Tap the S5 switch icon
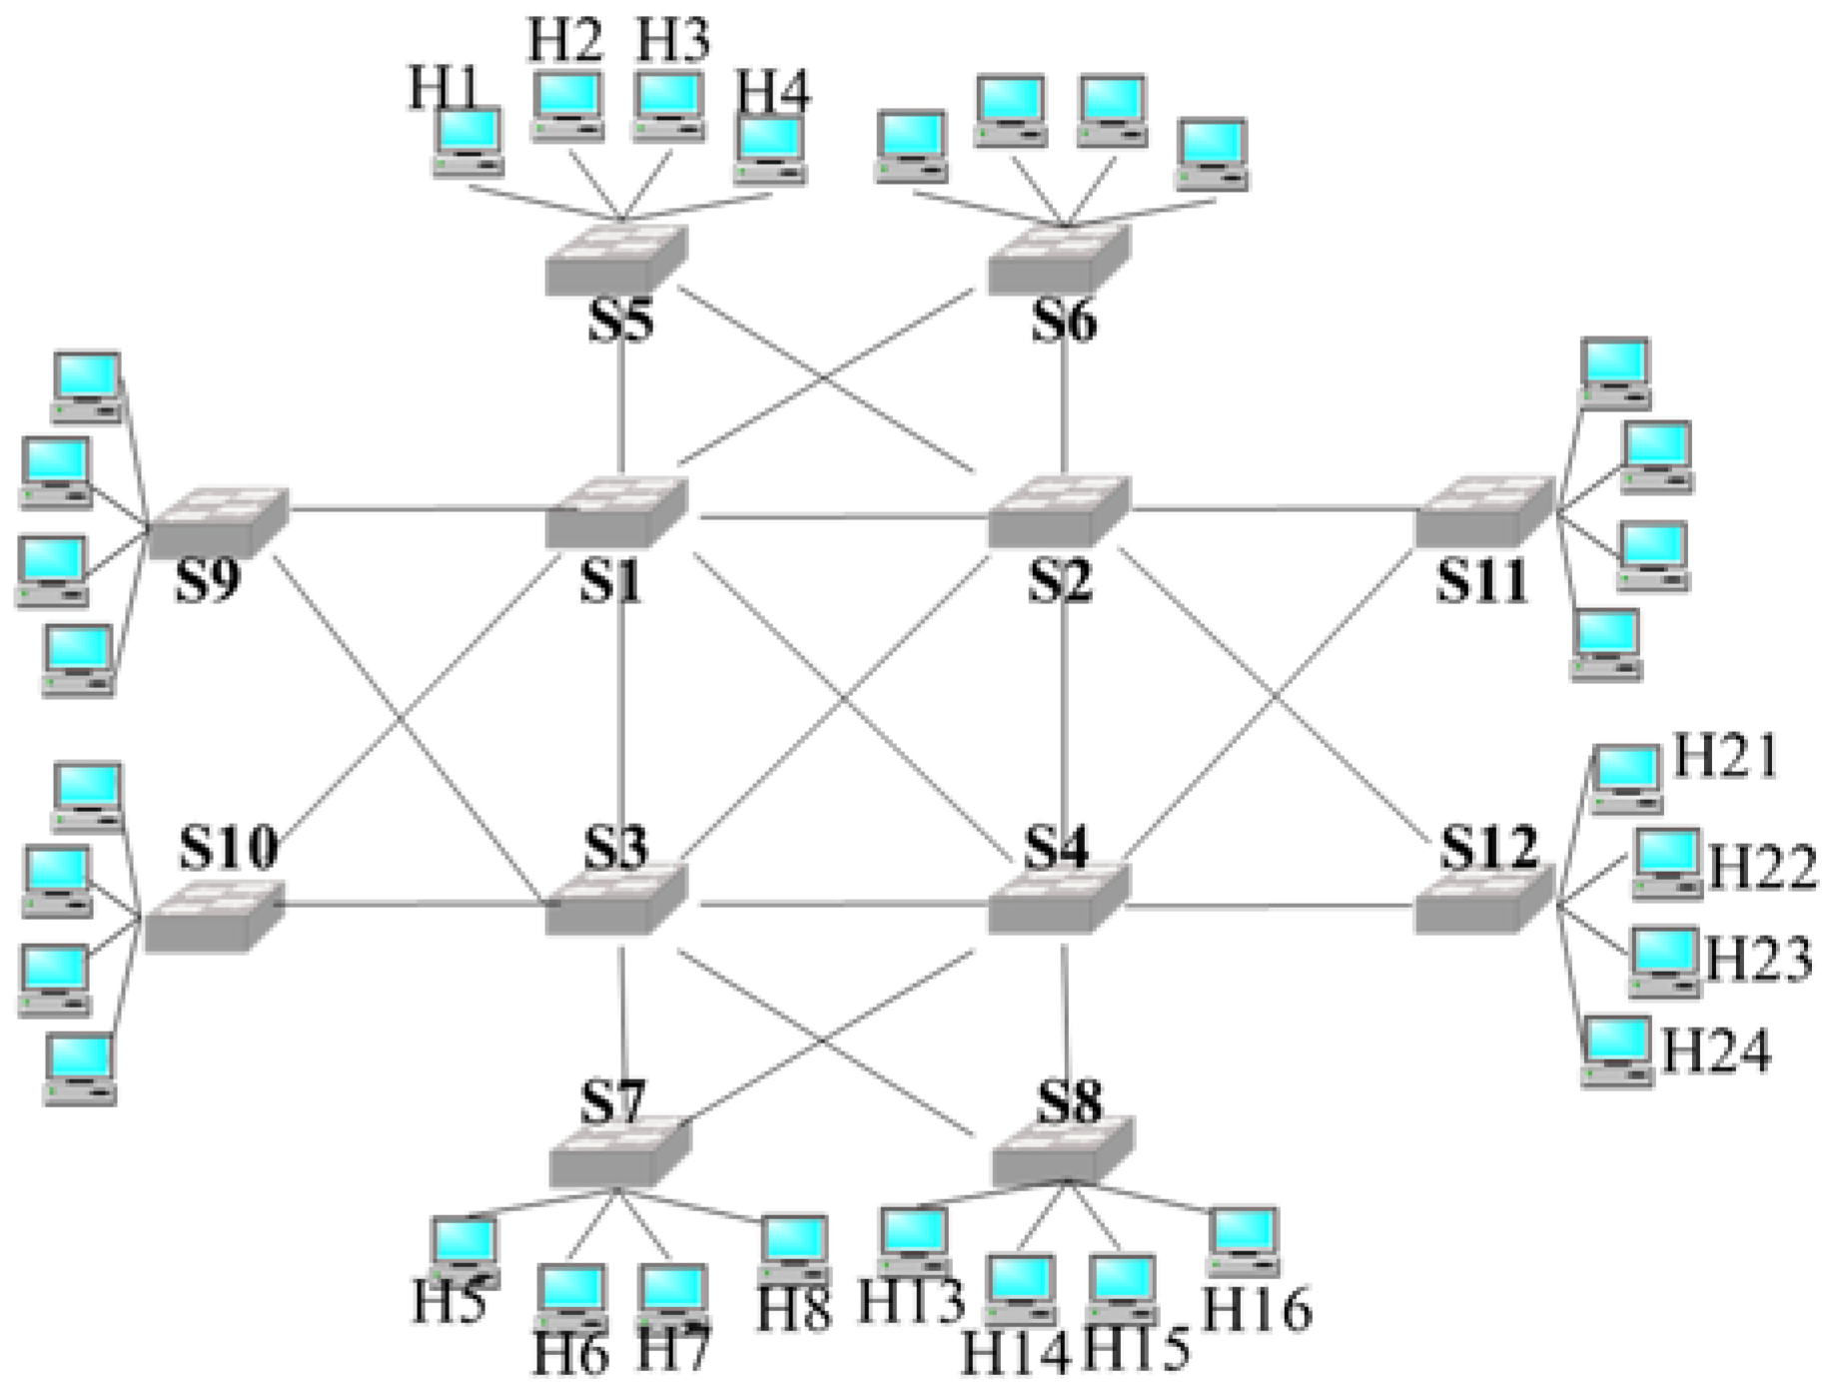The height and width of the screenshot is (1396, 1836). [x=616, y=261]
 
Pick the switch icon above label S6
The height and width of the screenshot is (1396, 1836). [x=1059, y=261]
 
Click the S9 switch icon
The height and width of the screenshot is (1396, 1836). [x=218, y=521]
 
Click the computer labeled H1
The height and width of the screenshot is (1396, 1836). [x=467, y=142]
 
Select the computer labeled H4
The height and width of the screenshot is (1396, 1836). [x=769, y=150]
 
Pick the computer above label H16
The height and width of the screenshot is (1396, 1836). [x=1243, y=1241]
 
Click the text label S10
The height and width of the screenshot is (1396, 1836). [x=229, y=849]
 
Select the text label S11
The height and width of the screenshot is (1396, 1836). [x=1482, y=581]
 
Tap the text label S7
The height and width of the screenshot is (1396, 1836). [x=613, y=1103]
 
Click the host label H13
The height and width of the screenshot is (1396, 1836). [x=911, y=1302]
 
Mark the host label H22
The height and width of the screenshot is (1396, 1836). [x=1762, y=867]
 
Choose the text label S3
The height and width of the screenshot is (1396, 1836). [x=615, y=848]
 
